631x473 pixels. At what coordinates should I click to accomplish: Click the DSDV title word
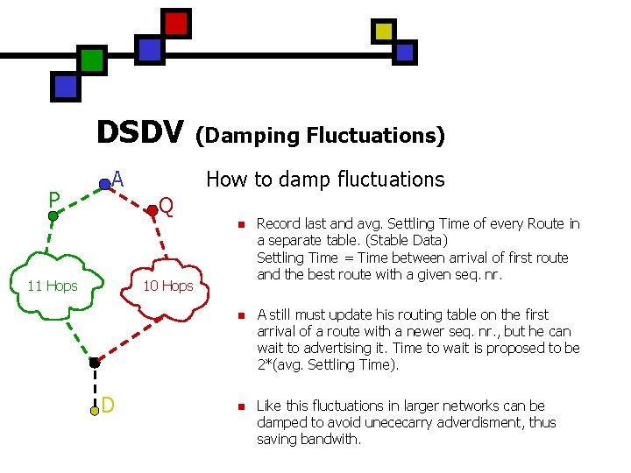140,133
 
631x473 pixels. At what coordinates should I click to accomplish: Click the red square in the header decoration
176,23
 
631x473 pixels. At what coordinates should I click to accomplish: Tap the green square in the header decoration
91,60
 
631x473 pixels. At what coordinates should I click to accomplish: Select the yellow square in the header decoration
384,32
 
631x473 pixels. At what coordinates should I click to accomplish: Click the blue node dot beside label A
104,184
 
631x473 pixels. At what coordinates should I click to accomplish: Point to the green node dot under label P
53,215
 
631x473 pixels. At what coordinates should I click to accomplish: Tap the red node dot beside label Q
152,209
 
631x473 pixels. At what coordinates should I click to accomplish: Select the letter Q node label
166,207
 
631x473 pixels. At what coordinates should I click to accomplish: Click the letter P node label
53,198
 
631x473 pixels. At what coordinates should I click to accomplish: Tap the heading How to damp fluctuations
325,180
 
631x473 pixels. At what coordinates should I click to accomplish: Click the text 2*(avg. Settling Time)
328,365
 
